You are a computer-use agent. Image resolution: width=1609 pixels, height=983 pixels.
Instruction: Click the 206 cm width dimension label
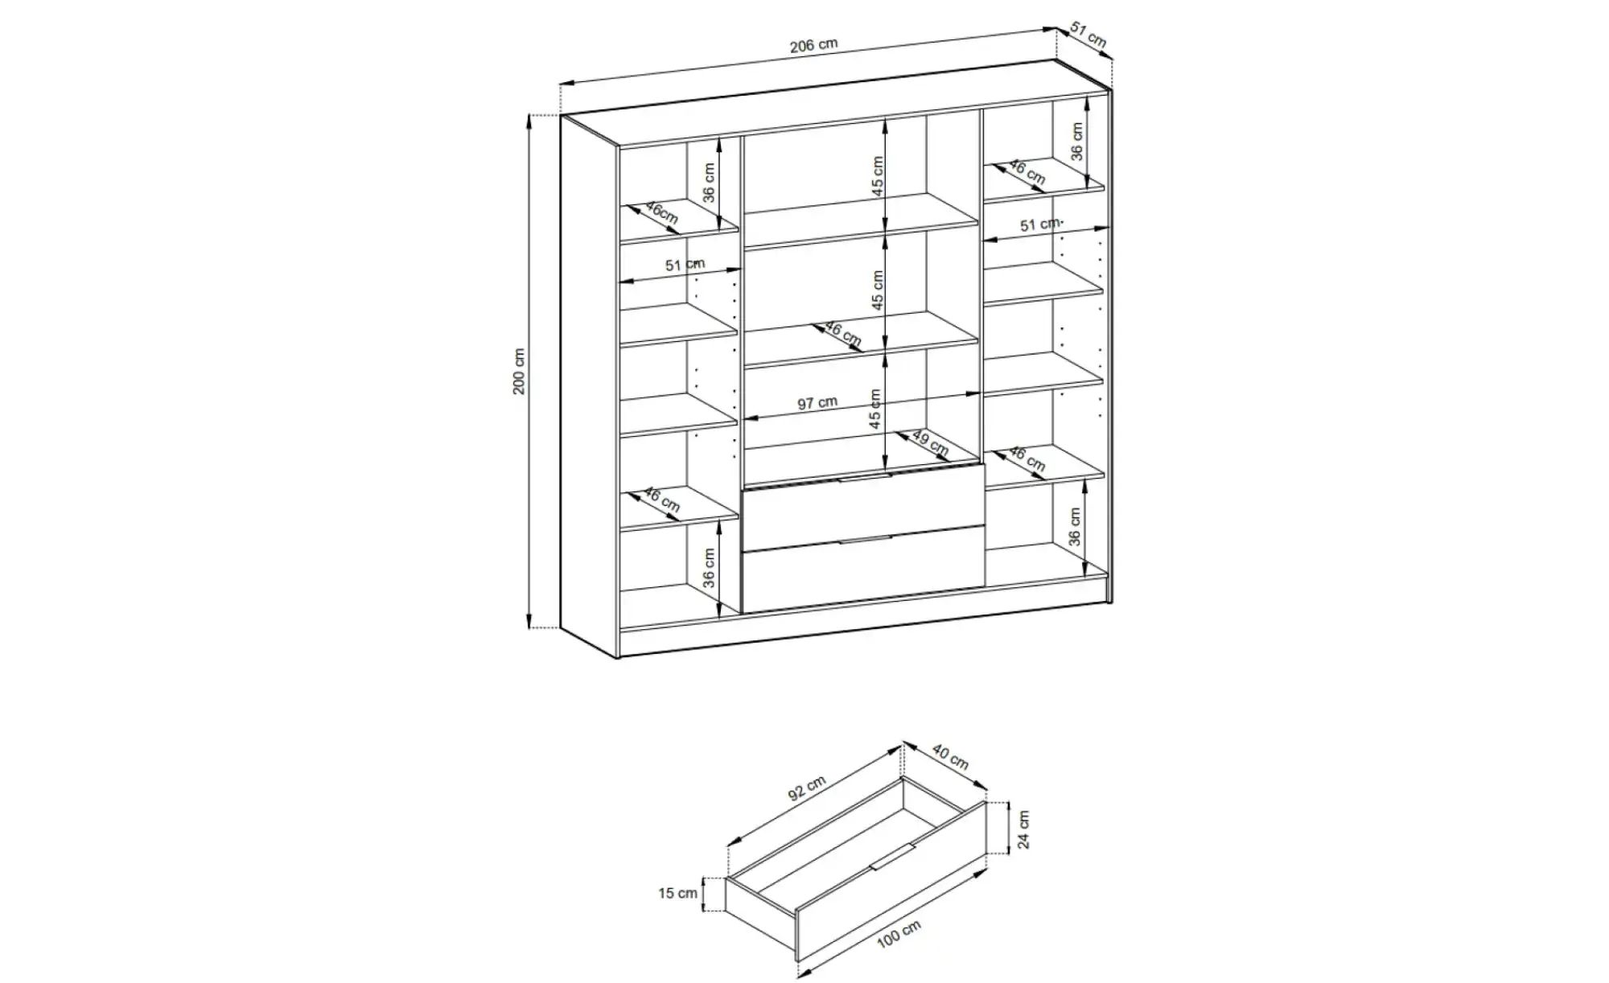813,45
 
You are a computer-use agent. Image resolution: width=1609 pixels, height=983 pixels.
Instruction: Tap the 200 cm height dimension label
519,372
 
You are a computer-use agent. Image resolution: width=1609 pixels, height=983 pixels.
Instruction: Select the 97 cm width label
817,402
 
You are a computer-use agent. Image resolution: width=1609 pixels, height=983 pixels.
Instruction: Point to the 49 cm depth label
930,442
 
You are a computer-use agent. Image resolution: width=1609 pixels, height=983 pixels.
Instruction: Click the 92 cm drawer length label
807,788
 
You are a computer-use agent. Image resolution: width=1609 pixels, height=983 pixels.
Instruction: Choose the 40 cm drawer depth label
950,756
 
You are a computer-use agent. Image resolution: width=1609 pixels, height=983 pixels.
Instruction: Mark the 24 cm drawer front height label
1023,829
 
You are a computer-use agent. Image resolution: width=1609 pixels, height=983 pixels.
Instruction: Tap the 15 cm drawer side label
677,893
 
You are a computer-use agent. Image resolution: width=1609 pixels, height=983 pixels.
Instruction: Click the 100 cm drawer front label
899,935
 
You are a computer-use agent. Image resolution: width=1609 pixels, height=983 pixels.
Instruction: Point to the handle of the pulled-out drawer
892,858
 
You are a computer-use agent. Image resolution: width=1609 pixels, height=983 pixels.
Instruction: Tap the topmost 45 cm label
877,175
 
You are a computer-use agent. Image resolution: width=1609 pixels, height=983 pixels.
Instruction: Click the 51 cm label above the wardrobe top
1088,35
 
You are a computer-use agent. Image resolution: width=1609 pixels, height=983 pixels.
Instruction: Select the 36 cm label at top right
1077,141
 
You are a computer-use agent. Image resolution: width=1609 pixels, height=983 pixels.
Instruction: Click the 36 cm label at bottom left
709,568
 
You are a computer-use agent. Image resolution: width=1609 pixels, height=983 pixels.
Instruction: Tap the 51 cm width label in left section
685,265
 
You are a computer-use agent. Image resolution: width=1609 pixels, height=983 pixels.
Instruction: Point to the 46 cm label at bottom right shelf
1027,459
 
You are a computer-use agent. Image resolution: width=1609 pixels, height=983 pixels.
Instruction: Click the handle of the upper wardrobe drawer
864,478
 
